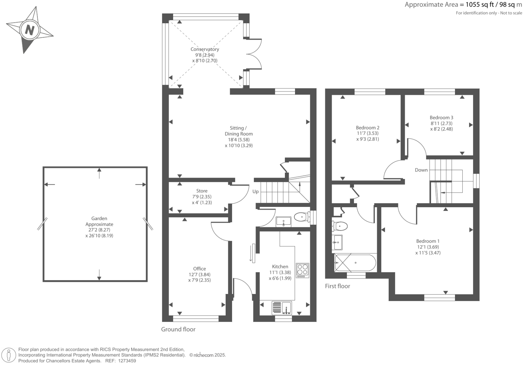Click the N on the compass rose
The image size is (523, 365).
click(x=30, y=30)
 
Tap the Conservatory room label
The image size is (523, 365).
click(x=205, y=49)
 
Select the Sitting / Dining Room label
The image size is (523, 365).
click(x=238, y=131)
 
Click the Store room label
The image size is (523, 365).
click(x=202, y=191)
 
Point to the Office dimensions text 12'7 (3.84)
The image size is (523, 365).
click(x=199, y=274)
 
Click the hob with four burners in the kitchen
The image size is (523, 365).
click(x=302, y=270)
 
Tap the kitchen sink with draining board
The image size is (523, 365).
click(x=282, y=308)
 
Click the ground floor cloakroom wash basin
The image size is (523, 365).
click(x=284, y=221)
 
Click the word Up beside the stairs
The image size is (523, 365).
click(x=256, y=191)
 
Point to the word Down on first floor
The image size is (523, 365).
click(x=421, y=170)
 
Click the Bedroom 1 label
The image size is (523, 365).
click(x=428, y=241)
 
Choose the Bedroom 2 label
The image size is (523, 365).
click(x=367, y=127)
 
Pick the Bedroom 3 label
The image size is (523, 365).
click(x=441, y=117)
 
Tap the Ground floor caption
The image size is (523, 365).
click(x=178, y=329)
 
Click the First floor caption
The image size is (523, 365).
click(x=337, y=286)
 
